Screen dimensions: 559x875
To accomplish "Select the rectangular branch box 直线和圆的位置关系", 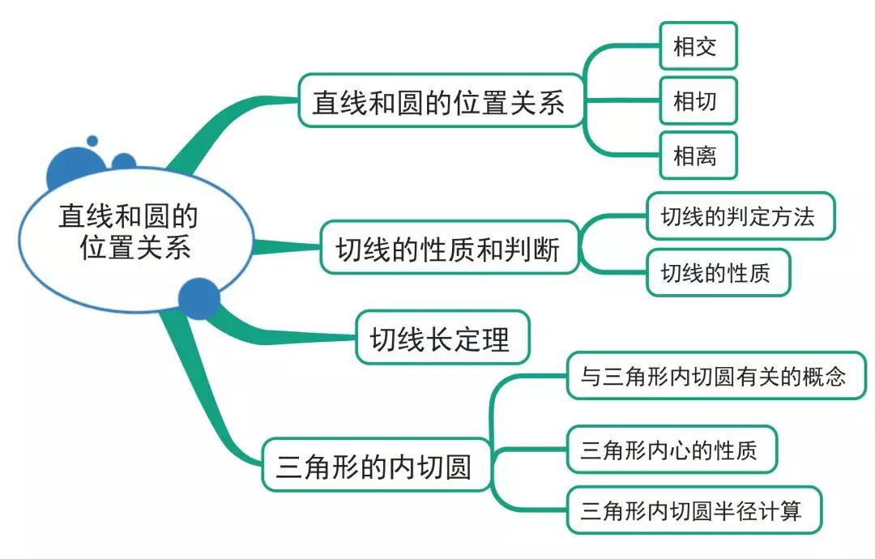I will pyautogui.click(x=441, y=101).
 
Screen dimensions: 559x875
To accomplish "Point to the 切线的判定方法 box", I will pyautogui.click(x=740, y=215).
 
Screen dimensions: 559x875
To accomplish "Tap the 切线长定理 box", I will pyautogui.click(x=442, y=337).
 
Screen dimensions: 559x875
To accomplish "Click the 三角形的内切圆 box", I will pyautogui.click(x=376, y=465).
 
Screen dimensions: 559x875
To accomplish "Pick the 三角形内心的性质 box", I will pyautogui.click(x=671, y=449).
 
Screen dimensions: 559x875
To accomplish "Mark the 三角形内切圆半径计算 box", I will pyautogui.click(x=694, y=510).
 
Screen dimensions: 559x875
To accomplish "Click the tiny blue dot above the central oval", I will pyautogui.click(x=92, y=141).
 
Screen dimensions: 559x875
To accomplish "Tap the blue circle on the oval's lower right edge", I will pyautogui.click(x=198, y=298).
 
